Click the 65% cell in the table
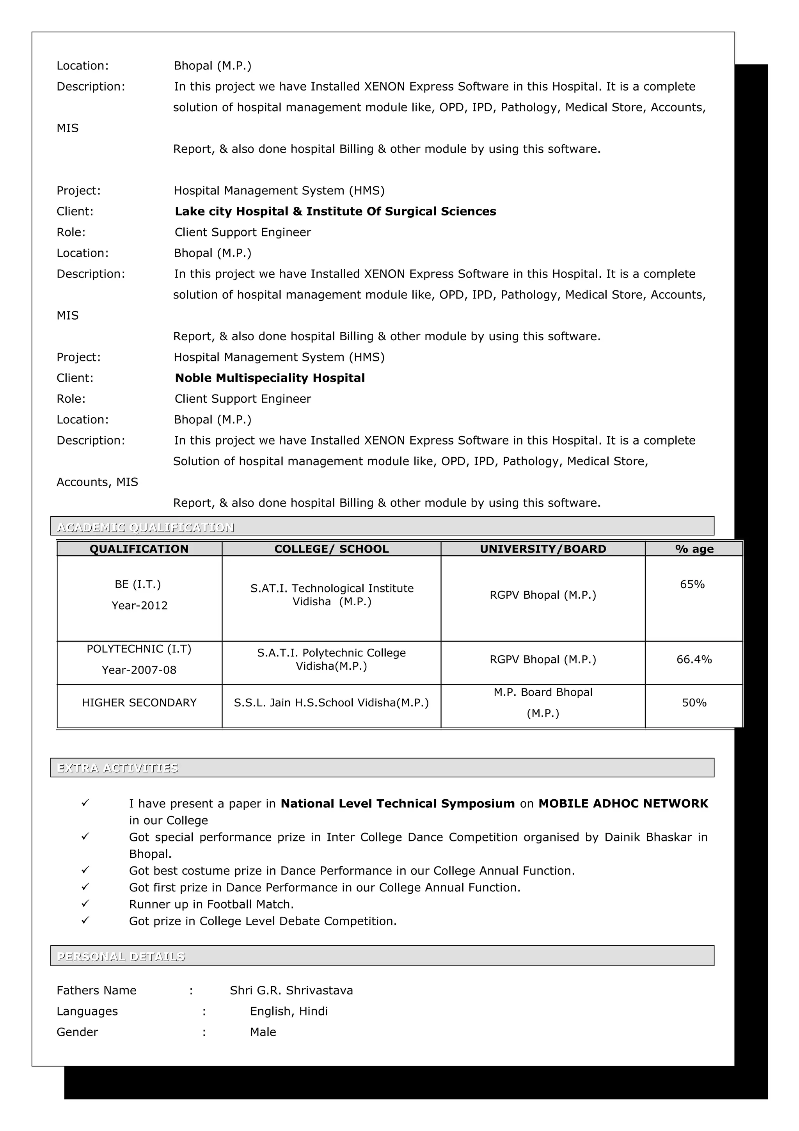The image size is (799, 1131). coord(692,585)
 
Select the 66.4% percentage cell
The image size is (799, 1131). coord(694,660)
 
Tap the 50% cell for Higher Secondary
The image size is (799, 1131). coord(694,703)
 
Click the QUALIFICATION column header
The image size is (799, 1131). coord(139,549)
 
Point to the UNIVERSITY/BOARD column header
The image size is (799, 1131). coord(543,549)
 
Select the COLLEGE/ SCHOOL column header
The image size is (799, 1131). coord(331,549)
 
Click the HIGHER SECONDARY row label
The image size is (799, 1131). coord(139,703)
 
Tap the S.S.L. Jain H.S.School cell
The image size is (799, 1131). coord(331,703)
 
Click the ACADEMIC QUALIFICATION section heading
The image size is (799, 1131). coord(145,528)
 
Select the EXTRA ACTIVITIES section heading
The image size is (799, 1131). coord(118,768)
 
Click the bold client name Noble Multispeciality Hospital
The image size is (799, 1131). coord(270,378)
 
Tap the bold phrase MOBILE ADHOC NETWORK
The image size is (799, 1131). coord(623,804)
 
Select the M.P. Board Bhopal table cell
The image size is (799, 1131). coord(543,703)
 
